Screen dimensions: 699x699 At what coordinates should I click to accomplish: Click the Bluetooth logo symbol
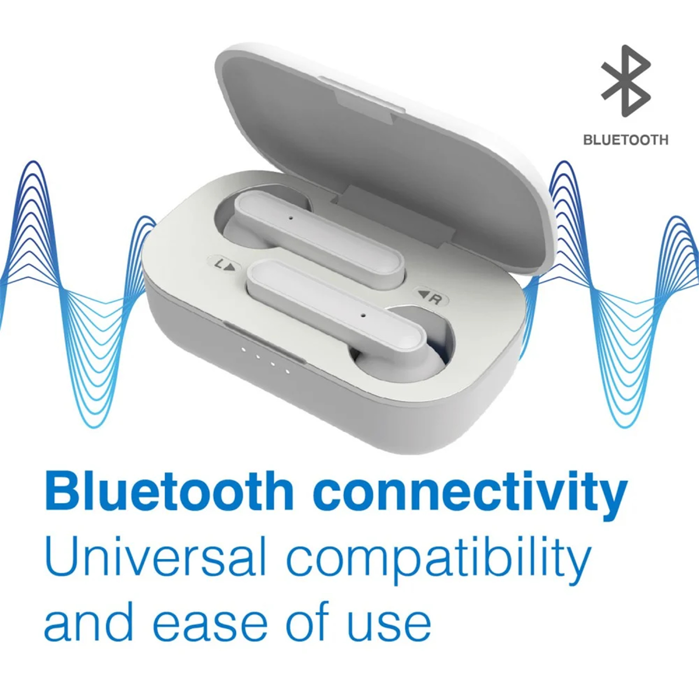[x=626, y=81]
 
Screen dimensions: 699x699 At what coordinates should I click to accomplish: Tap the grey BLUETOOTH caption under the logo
[x=626, y=140]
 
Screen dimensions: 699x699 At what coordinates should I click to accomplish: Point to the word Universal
[x=156, y=557]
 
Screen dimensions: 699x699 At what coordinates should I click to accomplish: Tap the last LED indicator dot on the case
[x=287, y=372]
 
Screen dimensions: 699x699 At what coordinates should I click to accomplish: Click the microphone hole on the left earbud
[x=291, y=217]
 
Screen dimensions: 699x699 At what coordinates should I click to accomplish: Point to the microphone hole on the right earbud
[x=363, y=314]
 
